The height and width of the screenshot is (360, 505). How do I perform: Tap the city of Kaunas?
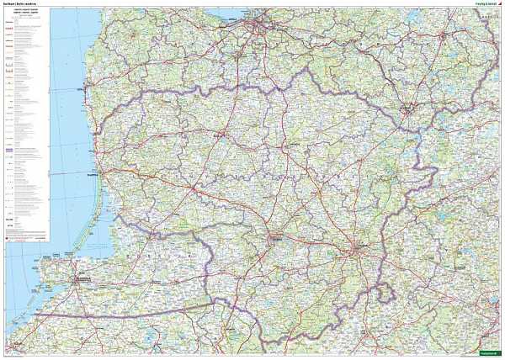pyautogui.click(x=278, y=239)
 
